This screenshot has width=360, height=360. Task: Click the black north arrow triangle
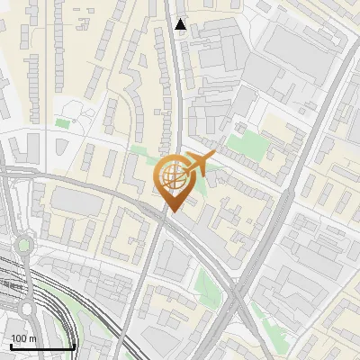(181, 25)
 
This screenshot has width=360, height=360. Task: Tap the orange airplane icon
(200, 164)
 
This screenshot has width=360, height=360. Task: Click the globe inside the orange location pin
(172, 174)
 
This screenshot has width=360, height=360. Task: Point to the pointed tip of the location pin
(172, 211)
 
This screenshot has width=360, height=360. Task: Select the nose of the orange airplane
(214, 157)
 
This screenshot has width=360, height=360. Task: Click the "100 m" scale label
(23, 338)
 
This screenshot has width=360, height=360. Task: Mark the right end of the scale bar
(74, 346)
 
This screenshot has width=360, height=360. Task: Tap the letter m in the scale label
(31, 338)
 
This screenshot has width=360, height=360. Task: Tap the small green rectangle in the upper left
(61, 123)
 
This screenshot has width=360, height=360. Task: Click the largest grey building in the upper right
(297, 45)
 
